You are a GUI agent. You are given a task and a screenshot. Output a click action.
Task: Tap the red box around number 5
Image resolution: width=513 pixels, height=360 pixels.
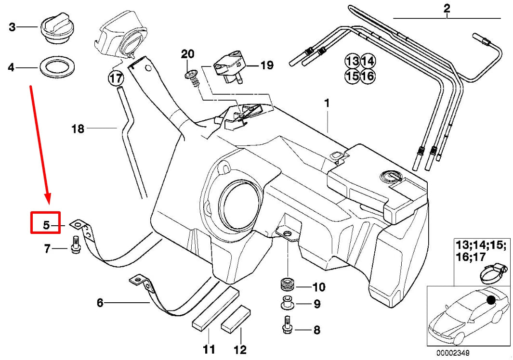45,223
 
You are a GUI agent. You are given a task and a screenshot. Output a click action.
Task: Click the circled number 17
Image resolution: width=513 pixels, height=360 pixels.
115,77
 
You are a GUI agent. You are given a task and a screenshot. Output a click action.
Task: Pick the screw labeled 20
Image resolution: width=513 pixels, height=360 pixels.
193,77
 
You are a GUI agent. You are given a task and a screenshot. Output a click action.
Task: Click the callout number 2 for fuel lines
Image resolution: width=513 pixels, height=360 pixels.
447,8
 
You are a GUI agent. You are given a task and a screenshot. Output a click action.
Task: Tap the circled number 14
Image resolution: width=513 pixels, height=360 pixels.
368,61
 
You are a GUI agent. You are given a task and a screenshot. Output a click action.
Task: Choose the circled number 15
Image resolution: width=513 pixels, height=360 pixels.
352,76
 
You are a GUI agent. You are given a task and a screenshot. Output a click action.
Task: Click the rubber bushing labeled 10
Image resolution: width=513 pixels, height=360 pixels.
288,284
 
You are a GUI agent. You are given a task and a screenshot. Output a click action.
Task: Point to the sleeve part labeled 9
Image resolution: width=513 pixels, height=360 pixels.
288,304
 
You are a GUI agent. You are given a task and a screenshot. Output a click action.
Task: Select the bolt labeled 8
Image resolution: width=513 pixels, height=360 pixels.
286,326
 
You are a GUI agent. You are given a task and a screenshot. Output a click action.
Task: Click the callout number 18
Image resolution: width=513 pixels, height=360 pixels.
78,129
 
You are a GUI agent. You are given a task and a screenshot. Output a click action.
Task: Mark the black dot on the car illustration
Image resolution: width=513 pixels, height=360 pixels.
491,300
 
